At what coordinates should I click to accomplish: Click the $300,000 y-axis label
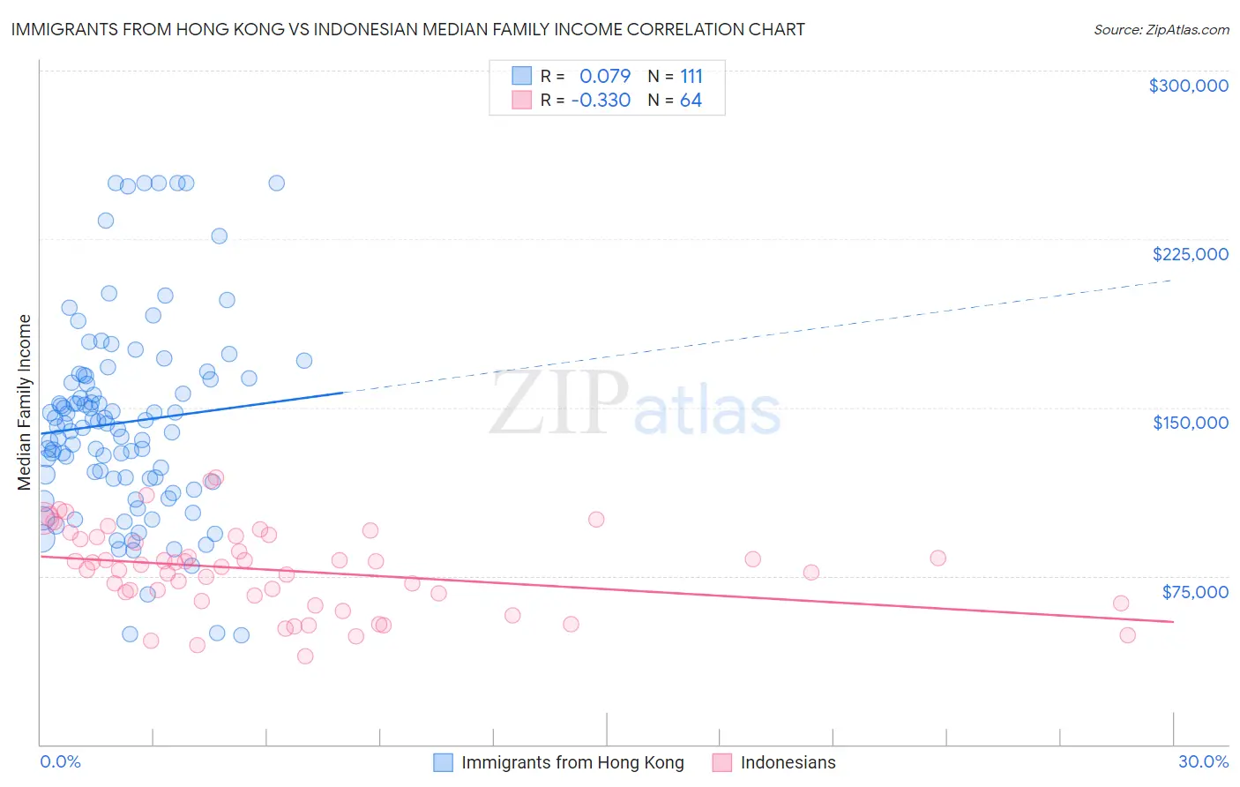(1188, 86)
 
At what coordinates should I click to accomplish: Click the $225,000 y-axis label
(1190, 254)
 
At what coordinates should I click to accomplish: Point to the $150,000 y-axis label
(1190, 423)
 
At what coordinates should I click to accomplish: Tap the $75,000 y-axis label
(1194, 592)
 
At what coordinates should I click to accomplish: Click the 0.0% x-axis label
(60, 761)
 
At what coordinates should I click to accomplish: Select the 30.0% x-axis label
(1203, 761)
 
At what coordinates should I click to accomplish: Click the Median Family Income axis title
(24, 402)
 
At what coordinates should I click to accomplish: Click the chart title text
(407, 29)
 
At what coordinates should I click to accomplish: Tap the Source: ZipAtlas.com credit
(1161, 30)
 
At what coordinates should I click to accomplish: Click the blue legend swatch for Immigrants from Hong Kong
(443, 762)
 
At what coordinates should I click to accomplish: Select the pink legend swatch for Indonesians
(722, 762)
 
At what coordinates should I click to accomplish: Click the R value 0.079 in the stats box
(605, 77)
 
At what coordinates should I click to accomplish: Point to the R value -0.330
(601, 101)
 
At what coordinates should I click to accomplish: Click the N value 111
(691, 77)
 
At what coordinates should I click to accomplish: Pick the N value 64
(691, 101)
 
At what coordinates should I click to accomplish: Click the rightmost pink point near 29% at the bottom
(1127, 635)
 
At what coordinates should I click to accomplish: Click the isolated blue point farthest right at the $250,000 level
(276, 184)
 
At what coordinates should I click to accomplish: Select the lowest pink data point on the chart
(305, 656)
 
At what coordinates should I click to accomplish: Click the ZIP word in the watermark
(559, 403)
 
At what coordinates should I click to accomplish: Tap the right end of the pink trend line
(1173, 622)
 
